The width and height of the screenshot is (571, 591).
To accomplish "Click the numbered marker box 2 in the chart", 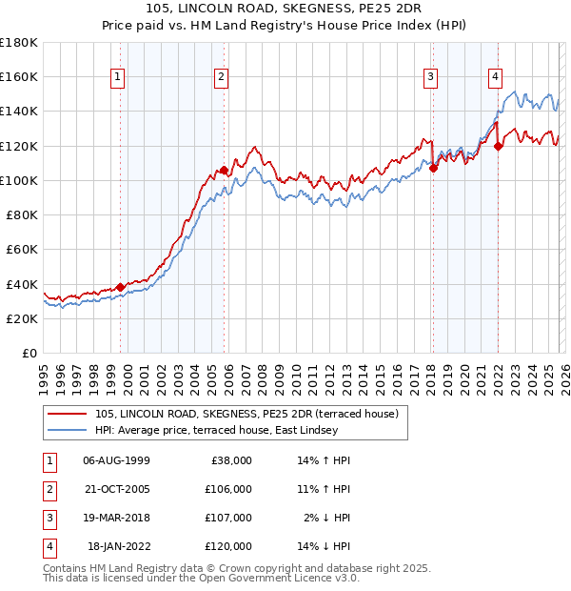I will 221,78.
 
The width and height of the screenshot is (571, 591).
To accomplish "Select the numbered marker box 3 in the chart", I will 430,78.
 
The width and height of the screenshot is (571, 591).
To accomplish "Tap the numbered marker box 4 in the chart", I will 496,78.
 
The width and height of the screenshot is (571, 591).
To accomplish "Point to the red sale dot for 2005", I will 224,170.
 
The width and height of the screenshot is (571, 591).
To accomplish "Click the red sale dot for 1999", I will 121,287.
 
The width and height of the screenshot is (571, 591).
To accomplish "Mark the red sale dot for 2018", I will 433,168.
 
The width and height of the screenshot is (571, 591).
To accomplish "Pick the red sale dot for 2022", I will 499,146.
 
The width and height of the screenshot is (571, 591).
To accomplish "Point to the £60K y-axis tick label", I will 22,249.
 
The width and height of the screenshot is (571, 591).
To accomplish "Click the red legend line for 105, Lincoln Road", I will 69,413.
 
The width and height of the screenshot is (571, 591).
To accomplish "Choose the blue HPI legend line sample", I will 69,430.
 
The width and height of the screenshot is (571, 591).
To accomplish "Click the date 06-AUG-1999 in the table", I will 116,460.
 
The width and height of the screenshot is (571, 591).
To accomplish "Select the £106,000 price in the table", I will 228,489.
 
